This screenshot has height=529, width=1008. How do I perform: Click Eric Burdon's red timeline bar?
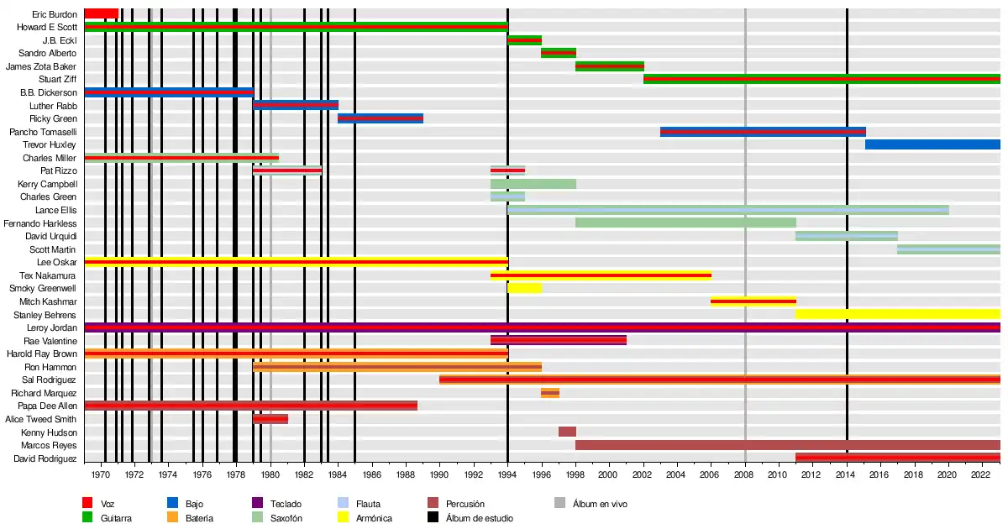(101, 13)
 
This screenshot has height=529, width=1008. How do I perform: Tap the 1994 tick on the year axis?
(507, 474)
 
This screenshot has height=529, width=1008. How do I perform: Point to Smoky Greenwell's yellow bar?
(524, 288)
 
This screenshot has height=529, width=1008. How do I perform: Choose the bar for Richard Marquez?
(550, 393)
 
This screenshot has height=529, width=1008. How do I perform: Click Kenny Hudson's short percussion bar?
(567, 432)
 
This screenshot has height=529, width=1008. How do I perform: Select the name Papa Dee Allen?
(48, 406)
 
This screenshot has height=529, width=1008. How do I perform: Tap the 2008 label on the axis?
(745, 474)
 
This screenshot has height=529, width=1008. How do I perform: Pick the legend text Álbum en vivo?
(600, 504)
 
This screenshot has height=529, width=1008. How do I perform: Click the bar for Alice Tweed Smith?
(270, 419)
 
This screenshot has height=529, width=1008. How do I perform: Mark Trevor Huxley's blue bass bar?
(932, 144)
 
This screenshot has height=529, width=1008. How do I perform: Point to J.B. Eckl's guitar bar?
(524, 39)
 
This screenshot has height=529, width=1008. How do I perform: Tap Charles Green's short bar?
(507, 196)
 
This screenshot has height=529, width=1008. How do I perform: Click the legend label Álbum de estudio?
(480, 518)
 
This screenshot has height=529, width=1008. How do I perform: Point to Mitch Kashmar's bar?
(753, 301)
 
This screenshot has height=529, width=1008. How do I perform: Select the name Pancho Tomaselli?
(43, 132)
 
